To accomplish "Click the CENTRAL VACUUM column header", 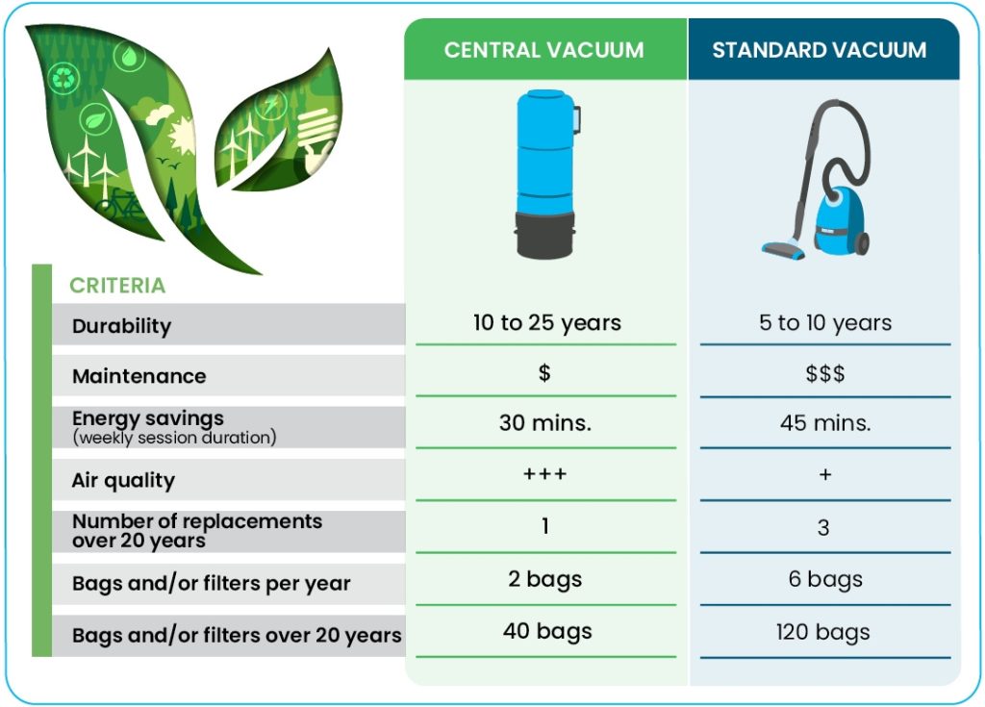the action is click(544, 50).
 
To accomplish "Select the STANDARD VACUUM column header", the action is click(820, 50).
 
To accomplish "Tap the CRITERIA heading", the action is click(117, 286).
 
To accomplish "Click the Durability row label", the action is click(122, 326).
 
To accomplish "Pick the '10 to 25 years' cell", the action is click(547, 323).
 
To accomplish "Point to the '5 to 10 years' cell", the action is click(825, 323).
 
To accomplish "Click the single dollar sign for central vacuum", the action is click(544, 373).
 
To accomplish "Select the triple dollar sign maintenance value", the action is click(825, 374).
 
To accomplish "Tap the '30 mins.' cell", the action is click(545, 423).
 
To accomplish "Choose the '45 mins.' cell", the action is click(825, 423).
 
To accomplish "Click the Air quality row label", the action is click(124, 481).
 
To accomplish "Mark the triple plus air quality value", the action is click(545, 474).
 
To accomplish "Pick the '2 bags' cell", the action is click(545, 579).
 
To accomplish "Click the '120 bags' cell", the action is click(823, 632).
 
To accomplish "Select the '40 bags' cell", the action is click(547, 632).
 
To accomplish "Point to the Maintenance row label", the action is click(139, 376).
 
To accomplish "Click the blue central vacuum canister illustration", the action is click(546, 174).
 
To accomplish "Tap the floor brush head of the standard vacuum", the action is click(783, 249).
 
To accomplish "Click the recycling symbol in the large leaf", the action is click(63, 79).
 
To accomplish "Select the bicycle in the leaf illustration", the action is click(121, 204).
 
